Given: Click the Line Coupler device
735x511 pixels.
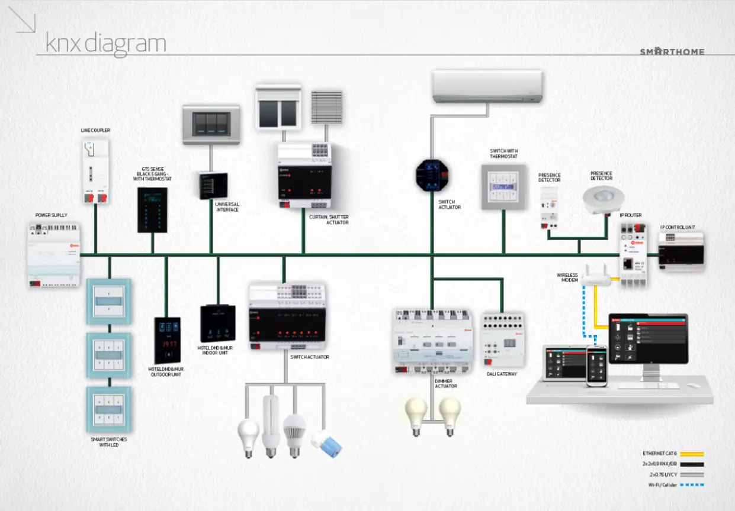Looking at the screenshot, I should (95, 170).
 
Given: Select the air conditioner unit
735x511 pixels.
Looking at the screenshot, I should (487, 86).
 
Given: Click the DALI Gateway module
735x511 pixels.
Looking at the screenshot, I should (502, 340).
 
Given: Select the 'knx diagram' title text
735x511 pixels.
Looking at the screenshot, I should (105, 43).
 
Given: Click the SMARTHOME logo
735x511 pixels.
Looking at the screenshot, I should (672, 51).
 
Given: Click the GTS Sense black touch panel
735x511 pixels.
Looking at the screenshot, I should (152, 209).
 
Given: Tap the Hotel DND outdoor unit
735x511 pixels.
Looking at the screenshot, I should (168, 340).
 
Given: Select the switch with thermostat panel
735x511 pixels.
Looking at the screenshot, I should (503, 187).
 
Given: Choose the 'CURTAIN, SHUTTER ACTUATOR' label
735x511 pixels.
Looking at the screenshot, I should (329, 219).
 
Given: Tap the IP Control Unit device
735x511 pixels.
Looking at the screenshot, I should (681, 250).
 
